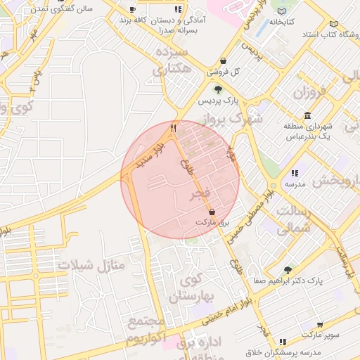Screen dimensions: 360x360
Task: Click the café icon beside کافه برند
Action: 133,9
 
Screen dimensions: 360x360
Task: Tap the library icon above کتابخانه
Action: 282,11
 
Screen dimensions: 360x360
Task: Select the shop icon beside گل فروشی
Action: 223,60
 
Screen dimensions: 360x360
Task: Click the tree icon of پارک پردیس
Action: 218,89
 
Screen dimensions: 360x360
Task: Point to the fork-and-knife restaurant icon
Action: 173,128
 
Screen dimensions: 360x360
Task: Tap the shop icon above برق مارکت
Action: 212,211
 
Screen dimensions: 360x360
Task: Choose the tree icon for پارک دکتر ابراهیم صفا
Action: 287,269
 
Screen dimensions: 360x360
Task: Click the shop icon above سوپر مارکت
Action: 321,325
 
